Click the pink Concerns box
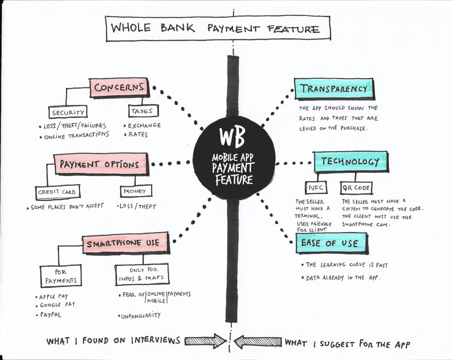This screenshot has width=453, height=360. click(119, 88)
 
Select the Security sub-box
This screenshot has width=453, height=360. click(68, 112)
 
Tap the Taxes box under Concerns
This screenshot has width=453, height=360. click(143, 111)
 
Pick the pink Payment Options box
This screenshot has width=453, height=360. click(100, 164)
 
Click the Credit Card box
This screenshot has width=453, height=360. click(57, 192)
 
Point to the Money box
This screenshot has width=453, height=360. click(136, 191)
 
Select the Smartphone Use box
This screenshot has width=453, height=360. click(126, 244)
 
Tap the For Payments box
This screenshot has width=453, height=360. click(60, 276)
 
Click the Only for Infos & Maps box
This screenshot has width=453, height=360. click(142, 274)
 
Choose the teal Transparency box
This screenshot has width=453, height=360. click(334, 88)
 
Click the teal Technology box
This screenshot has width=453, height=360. click(350, 162)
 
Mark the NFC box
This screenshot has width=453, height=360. click(316, 188)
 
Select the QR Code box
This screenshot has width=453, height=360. click(356, 188)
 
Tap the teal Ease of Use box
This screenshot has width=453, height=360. click(331, 243)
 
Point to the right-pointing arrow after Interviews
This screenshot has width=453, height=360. click(204, 341)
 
